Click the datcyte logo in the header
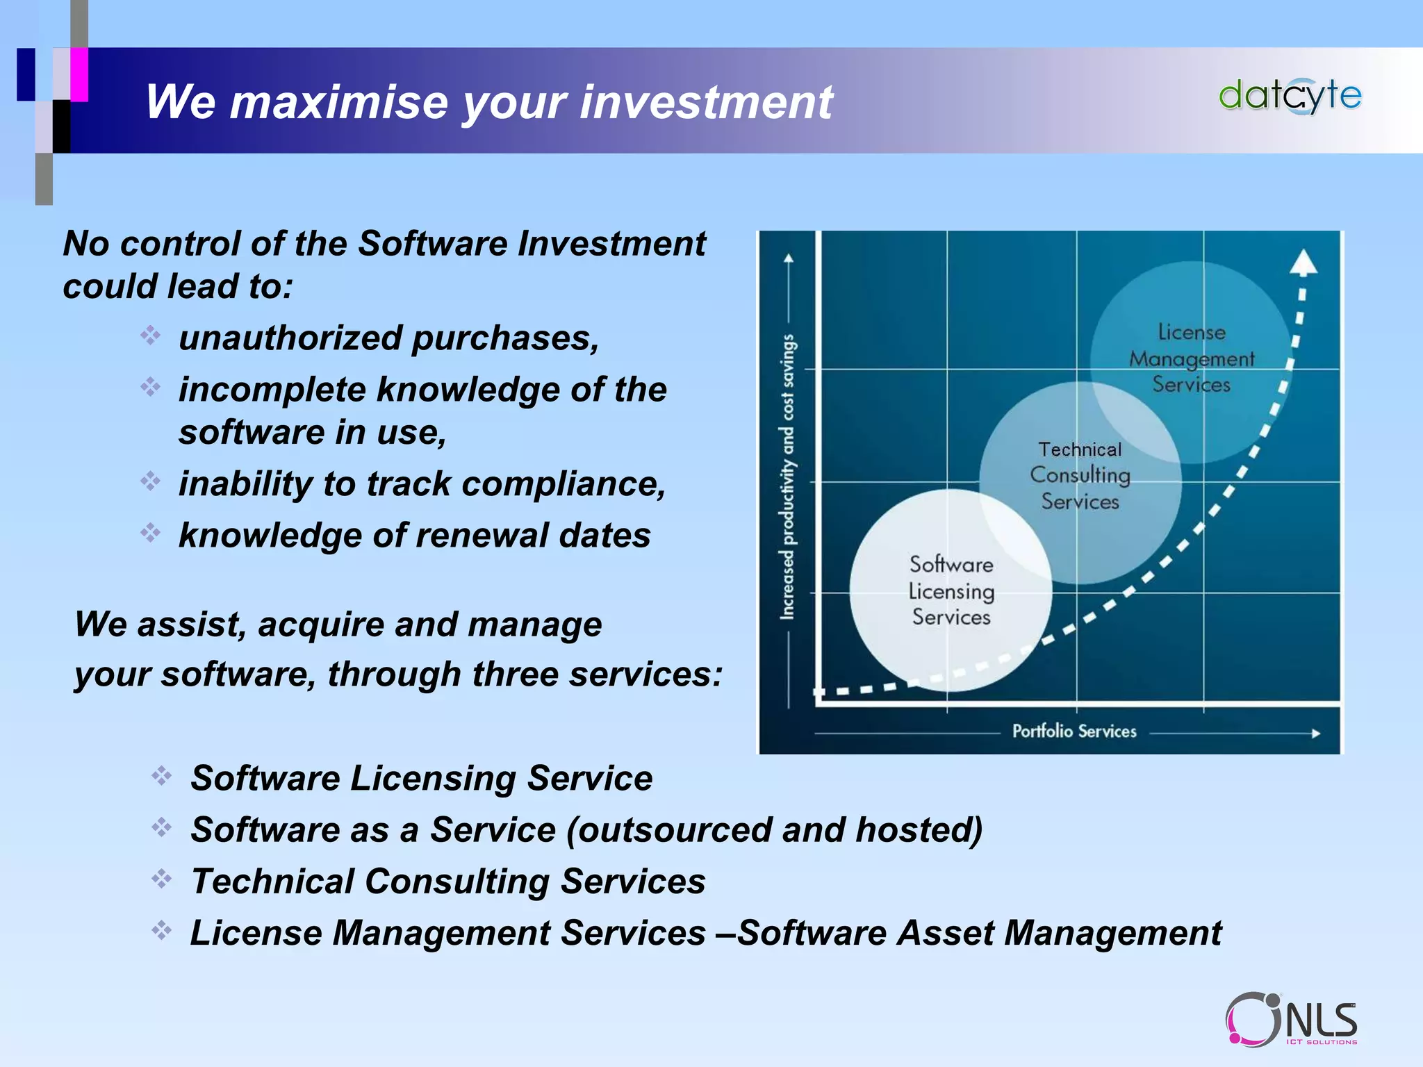click(x=1290, y=96)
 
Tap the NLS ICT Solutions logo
click(x=1291, y=1019)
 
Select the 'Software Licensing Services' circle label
click(x=951, y=590)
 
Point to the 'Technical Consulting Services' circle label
click(x=1080, y=475)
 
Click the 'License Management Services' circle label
click(x=1191, y=358)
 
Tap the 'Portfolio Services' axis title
click(x=1074, y=731)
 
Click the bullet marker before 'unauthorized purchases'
click(x=150, y=336)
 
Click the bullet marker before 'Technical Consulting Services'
click(x=161, y=879)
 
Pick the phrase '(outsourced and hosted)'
click(x=774, y=829)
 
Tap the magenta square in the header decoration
click(x=79, y=74)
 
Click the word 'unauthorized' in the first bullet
click(x=290, y=338)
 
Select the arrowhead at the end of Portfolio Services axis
click(x=1315, y=733)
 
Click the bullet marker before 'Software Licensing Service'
click(x=161, y=775)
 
